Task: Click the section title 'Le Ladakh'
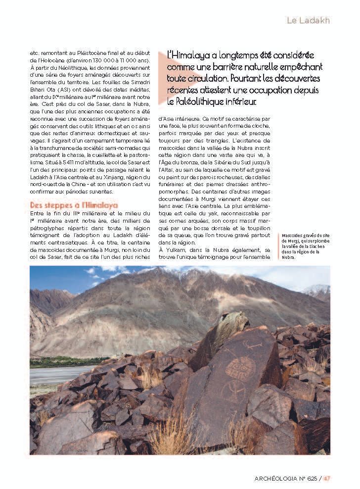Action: (x=308, y=20)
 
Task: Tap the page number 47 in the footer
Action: (x=327, y=478)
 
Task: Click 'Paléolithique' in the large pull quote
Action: (x=193, y=102)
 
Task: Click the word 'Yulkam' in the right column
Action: (x=178, y=250)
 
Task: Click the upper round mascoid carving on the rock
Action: (x=241, y=368)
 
